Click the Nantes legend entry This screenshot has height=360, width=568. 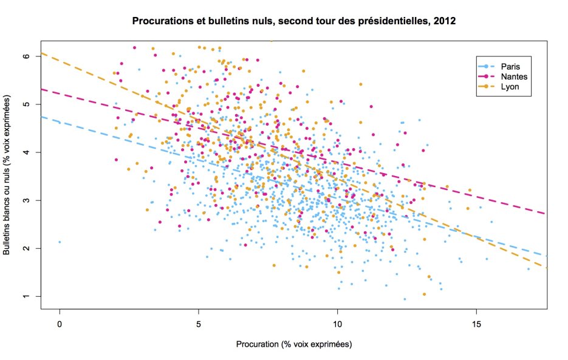point(514,77)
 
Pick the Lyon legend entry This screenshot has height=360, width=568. point(510,87)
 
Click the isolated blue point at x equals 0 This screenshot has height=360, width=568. point(60,242)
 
